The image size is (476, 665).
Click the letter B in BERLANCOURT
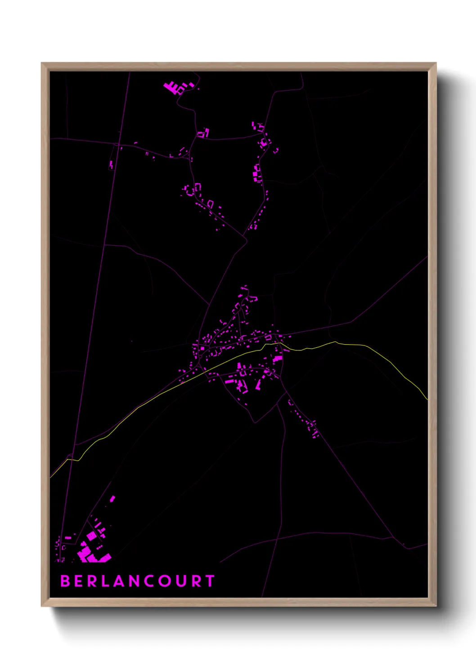[65, 581]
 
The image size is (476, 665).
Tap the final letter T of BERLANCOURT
[210, 581]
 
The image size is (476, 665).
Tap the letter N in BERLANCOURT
[133, 581]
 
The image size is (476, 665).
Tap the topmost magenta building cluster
[173, 87]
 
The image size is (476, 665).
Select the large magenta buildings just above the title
[92, 550]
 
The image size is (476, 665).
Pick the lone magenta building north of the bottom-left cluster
[112, 498]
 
